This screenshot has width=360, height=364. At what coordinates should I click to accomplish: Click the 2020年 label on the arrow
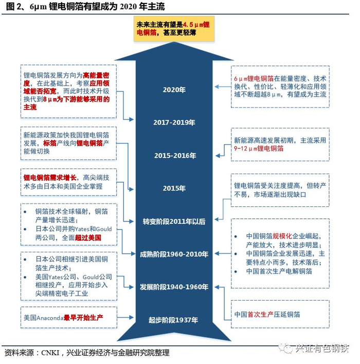pos(174,90)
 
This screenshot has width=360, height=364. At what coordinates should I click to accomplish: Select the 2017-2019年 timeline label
pos(174,123)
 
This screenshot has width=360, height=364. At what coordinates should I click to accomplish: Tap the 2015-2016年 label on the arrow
pos(174,155)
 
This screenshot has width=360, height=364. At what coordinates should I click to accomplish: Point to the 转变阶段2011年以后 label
pos(174,221)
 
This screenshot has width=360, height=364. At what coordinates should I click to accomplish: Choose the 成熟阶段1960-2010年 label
pos(174,254)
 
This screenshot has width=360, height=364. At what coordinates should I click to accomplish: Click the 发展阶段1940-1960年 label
pos(174,287)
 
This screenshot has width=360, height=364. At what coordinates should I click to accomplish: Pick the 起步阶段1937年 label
pos(173,320)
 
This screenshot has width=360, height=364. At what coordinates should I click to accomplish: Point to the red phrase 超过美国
pos(87,238)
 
